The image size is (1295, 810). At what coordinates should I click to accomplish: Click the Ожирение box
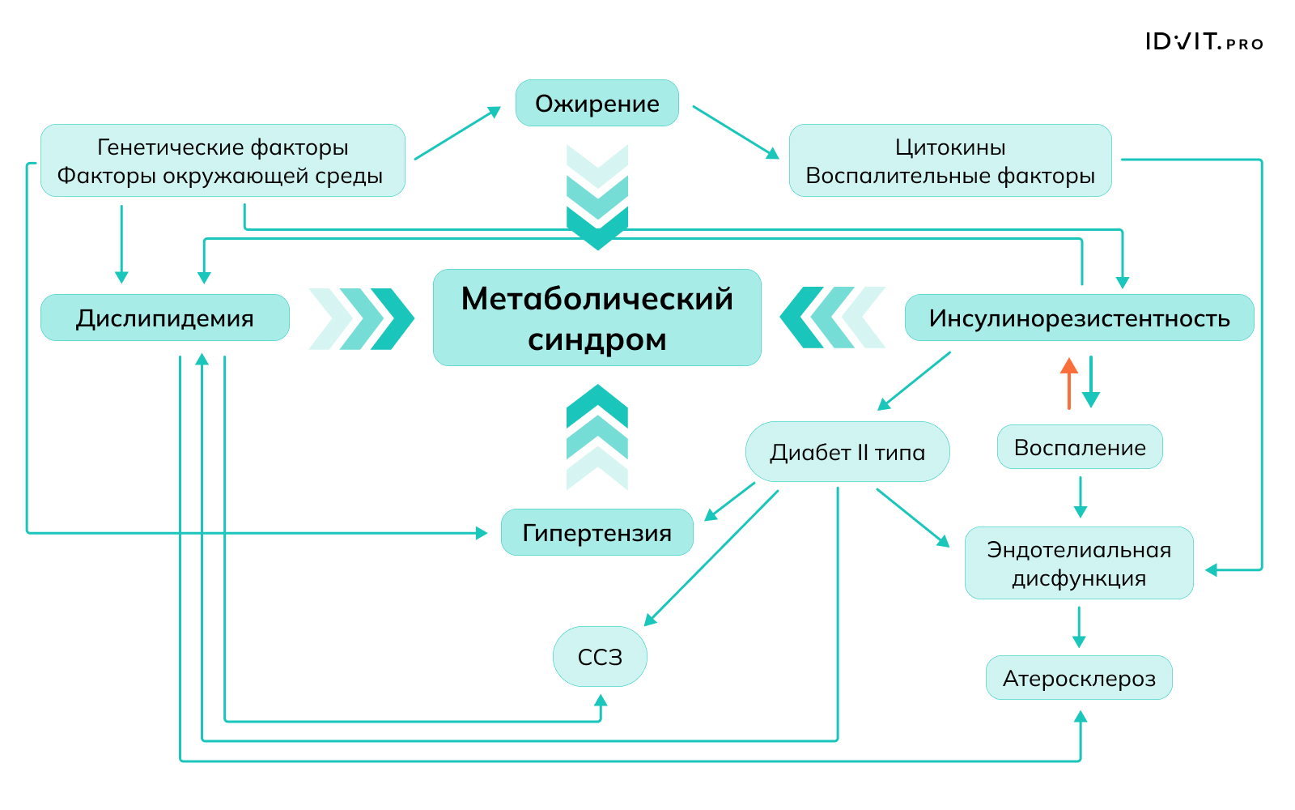point(597,103)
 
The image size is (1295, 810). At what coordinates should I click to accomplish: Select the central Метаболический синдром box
point(597,318)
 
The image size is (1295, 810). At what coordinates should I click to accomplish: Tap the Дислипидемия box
point(165,318)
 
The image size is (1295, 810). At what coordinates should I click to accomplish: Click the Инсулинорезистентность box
point(1079,318)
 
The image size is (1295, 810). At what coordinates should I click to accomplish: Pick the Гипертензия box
point(597,532)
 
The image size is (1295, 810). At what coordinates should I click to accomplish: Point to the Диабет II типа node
point(847,452)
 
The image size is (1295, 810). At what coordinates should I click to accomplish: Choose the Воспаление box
point(1080,447)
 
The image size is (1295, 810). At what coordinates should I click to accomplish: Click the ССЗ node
point(600,657)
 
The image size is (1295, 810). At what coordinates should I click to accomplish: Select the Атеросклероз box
point(1079,678)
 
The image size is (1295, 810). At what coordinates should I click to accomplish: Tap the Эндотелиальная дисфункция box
point(1079,563)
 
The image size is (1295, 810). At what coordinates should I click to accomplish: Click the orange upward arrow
point(1069,383)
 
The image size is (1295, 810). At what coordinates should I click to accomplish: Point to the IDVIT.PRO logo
point(1204,42)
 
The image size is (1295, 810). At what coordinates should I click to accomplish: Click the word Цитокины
point(950,147)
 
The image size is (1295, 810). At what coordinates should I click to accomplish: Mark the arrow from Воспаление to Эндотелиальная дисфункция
point(1080,497)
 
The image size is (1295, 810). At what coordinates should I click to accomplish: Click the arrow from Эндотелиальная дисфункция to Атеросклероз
point(1079,627)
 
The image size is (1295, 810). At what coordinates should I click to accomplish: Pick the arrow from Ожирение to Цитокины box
point(735,131)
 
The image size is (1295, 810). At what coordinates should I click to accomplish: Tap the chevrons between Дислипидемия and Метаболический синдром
point(361,318)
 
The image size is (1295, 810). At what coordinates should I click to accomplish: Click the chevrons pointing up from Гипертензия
point(597,437)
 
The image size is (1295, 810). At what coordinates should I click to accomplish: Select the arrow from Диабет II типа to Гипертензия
point(730,501)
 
